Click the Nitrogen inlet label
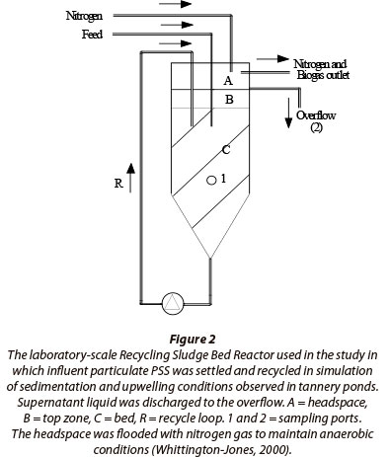click(x=84, y=16)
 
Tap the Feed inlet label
click(x=92, y=35)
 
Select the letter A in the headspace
click(x=228, y=80)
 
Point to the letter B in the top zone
click(x=229, y=99)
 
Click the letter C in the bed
click(x=226, y=150)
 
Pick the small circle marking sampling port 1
click(x=211, y=180)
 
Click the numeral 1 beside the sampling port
click(x=223, y=179)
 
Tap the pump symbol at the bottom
click(x=173, y=303)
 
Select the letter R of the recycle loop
click(x=118, y=184)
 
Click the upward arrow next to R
click(x=130, y=178)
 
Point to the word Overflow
click(x=316, y=115)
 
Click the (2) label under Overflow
click(x=316, y=127)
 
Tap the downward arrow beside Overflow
click(x=288, y=113)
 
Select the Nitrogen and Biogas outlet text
click(x=322, y=69)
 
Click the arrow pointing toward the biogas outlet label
click(x=273, y=59)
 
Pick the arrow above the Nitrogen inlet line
click(x=175, y=4)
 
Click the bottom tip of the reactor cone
click(x=210, y=259)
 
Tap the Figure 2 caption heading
click(x=193, y=339)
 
